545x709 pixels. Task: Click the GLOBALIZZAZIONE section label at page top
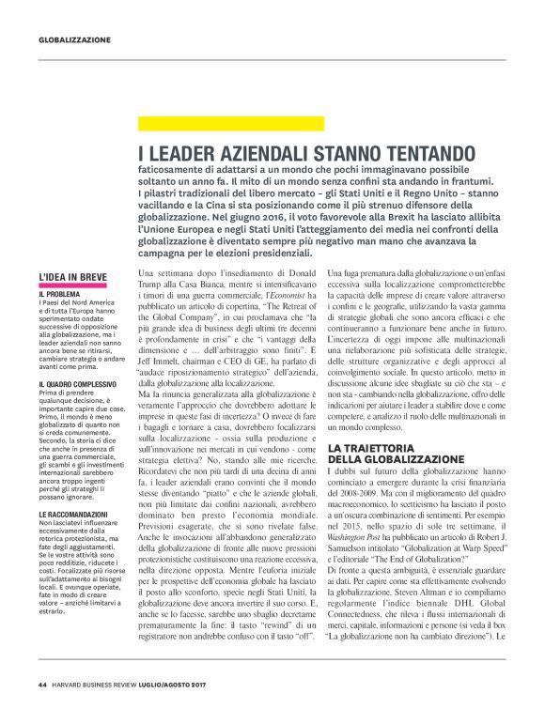(x=74, y=39)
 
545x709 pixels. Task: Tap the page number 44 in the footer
(x=42, y=684)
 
